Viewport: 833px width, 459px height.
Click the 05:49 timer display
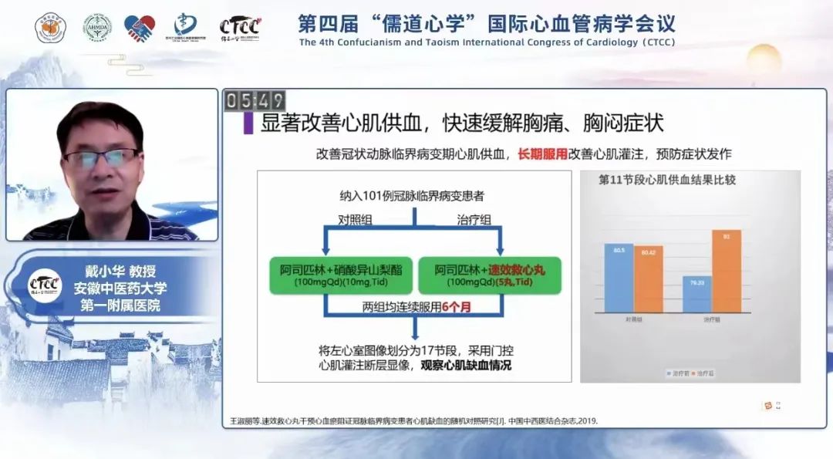coord(255,101)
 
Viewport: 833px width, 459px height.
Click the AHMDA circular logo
coord(96,28)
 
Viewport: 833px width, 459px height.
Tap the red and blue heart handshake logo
coord(140,28)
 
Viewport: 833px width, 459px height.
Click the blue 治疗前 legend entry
coord(676,373)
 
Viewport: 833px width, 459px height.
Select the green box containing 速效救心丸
coord(489,275)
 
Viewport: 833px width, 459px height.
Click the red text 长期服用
coord(542,154)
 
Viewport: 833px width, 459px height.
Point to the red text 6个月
coord(456,306)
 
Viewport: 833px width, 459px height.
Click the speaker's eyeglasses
coord(101,158)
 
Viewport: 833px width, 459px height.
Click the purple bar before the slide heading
coord(248,123)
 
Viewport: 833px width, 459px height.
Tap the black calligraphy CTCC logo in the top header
coord(239,28)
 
